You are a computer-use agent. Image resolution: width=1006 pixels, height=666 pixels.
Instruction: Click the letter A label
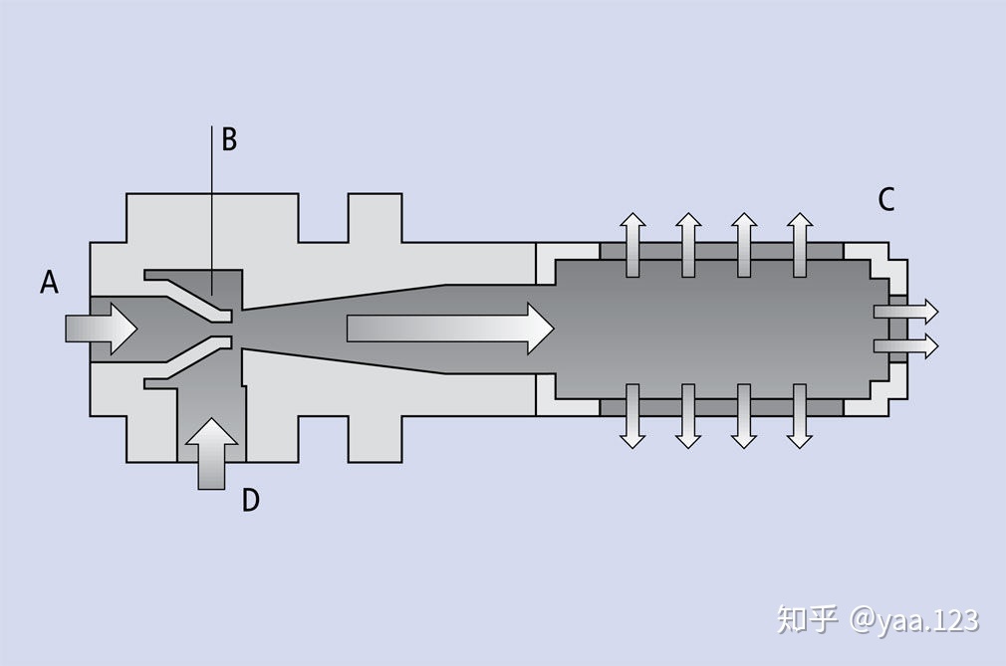point(50,282)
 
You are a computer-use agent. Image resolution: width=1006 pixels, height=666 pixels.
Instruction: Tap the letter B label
point(229,139)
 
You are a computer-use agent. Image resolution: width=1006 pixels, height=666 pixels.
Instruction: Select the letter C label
point(886,199)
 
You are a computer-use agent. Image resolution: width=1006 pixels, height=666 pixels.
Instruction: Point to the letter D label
point(251,500)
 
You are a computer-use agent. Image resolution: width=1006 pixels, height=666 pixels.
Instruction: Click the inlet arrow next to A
point(102,329)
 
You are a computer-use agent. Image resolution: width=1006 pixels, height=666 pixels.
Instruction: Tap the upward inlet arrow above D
point(212,454)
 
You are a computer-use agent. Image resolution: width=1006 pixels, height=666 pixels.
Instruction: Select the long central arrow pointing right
point(450,329)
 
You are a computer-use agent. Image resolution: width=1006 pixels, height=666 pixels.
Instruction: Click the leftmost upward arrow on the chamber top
point(632,245)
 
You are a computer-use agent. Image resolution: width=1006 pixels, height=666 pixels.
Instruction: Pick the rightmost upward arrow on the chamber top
point(800,245)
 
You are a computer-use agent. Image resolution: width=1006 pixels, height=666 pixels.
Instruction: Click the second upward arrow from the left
point(688,245)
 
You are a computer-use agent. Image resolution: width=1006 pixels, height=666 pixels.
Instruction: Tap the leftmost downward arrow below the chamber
point(632,417)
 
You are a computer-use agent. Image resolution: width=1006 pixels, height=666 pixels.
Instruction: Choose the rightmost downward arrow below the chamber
point(800,417)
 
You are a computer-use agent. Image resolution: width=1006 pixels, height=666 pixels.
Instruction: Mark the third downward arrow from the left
point(744,417)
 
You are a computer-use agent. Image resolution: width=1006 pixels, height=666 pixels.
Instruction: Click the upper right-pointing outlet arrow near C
point(906,312)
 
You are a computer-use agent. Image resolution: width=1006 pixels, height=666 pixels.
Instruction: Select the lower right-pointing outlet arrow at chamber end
point(906,346)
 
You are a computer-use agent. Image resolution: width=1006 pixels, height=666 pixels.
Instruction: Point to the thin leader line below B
point(212,210)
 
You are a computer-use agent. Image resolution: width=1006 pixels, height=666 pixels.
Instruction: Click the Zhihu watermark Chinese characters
point(808,620)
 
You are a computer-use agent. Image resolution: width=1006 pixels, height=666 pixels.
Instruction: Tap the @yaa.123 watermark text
point(914,620)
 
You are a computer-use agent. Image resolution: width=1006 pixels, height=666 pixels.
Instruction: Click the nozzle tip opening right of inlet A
point(232,329)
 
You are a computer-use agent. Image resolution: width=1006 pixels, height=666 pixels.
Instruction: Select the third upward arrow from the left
point(744,245)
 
